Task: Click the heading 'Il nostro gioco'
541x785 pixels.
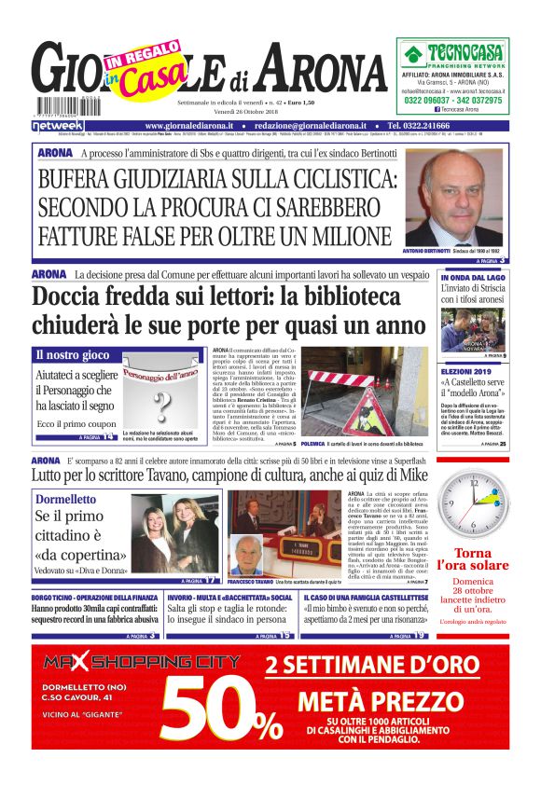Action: (x=72, y=355)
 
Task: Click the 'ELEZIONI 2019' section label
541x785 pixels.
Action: (x=469, y=370)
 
